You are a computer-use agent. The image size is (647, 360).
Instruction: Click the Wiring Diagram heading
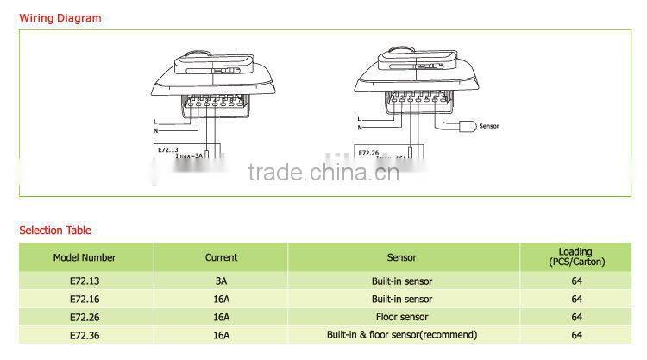coord(60,18)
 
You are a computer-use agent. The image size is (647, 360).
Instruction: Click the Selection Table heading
coord(55,231)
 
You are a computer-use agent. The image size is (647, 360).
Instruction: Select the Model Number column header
coord(85,257)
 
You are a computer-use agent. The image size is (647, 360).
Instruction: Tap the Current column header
coord(221,257)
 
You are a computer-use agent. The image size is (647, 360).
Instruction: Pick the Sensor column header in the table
coord(402,257)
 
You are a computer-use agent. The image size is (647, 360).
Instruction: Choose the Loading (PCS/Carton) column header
coord(576,257)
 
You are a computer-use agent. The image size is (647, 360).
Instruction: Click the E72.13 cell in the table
coord(85,281)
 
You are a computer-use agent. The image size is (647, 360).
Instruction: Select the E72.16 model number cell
coord(85,300)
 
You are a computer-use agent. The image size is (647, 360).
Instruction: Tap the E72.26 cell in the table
coord(85,317)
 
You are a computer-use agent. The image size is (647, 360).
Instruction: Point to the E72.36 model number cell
coord(85,335)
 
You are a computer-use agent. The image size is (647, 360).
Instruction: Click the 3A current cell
coord(221,281)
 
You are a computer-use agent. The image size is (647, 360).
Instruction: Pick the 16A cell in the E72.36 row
coord(221,335)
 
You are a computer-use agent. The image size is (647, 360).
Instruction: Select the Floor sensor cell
coord(402,317)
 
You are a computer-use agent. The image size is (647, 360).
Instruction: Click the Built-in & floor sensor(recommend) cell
coord(402,335)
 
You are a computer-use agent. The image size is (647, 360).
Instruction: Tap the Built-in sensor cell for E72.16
coord(402,300)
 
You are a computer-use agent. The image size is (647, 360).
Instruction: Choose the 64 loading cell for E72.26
coord(576,317)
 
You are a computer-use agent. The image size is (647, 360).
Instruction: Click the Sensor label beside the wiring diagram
coord(488,126)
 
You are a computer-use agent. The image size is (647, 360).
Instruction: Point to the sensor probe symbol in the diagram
coord(466,126)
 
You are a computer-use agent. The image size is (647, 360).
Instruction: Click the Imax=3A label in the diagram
coord(189,156)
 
